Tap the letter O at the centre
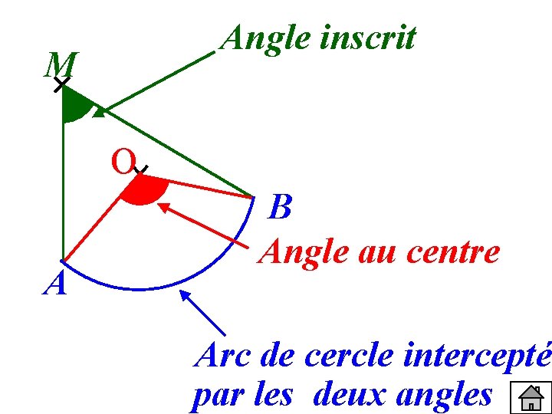click(123, 162)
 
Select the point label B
click(281, 207)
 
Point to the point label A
click(55, 284)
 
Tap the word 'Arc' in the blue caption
click(222, 355)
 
